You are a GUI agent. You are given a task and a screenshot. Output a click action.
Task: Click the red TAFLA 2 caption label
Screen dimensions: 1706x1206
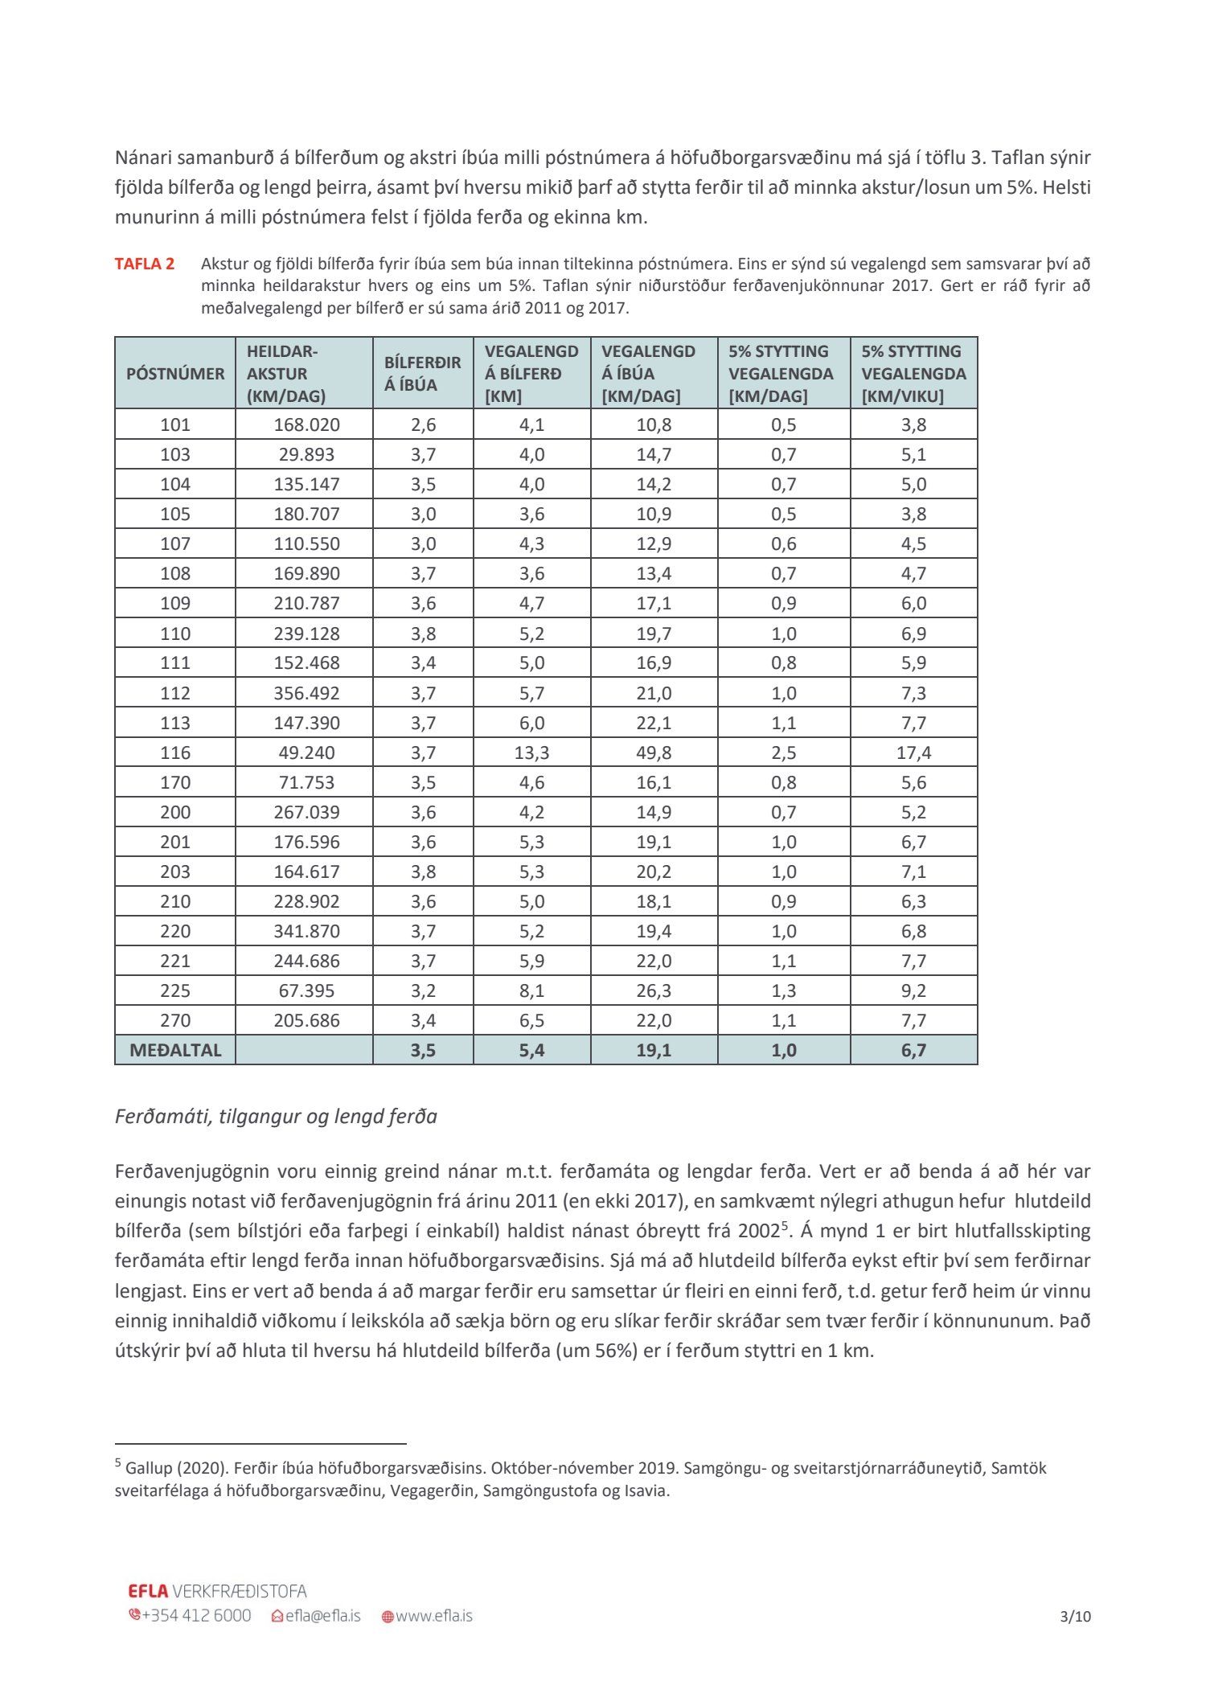[x=145, y=264]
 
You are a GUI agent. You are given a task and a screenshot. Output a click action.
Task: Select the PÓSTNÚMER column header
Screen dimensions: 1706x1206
[x=175, y=374]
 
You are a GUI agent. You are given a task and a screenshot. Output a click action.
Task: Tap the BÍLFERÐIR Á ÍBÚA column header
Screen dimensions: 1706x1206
[x=423, y=374]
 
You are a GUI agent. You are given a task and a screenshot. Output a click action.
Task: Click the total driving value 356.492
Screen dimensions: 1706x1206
[x=306, y=693]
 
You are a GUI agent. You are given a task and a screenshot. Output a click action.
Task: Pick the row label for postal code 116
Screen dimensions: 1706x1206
[x=175, y=753]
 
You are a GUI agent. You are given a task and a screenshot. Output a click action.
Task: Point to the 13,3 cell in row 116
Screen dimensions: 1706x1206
[x=531, y=753]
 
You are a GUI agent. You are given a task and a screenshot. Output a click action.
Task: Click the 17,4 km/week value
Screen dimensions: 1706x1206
[x=913, y=753]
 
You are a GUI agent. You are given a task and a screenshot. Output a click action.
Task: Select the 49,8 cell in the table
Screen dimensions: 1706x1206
[x=654, y=753]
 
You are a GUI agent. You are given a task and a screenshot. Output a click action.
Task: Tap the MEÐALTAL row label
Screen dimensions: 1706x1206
[x=175, y=1050]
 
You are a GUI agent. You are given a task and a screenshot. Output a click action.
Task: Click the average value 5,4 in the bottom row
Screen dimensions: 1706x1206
[x=531, y=1050]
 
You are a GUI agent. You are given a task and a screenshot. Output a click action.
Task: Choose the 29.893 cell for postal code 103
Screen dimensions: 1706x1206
[x=306, y=454]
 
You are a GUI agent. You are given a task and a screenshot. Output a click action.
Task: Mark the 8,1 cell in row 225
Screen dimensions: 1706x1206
[x=531, y=990]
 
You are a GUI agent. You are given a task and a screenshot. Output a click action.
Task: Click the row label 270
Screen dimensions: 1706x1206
[x=175, y=1020]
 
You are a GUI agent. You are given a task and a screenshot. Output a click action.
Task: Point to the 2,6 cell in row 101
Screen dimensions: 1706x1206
[x=423, y=424]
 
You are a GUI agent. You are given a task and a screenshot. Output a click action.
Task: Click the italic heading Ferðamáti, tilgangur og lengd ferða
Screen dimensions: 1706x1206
[x=276, y=1117]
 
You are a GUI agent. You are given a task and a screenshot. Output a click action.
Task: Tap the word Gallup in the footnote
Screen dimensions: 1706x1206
[x=146, y=1468]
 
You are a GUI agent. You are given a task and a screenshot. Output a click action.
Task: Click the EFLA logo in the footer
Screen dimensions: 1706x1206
[x=148, y=1591]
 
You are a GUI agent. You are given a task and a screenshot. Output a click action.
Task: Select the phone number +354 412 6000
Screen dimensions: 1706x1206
[x=190, y=1616]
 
